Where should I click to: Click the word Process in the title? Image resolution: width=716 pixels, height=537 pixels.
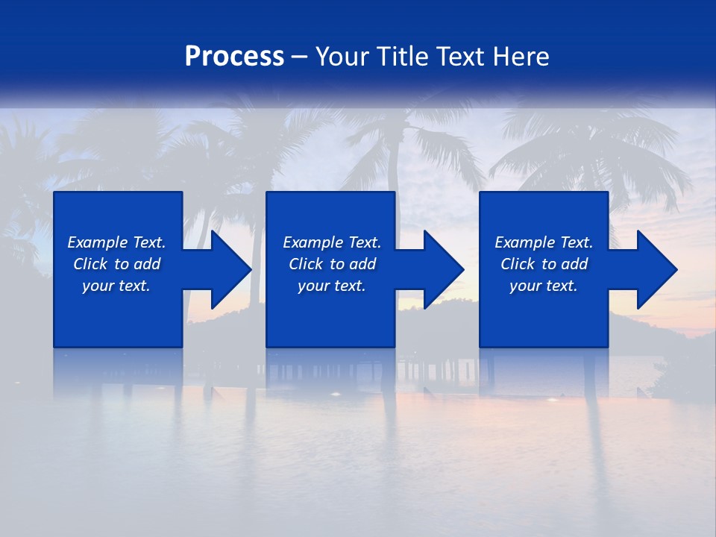point(234,57)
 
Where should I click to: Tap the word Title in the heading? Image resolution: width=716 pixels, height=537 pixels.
point(401,57)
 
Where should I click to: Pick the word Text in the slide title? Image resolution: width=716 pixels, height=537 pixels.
point(459,57)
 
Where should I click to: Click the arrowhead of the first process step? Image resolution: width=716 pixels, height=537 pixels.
point(228,269)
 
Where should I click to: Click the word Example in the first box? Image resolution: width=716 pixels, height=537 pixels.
point(98,242)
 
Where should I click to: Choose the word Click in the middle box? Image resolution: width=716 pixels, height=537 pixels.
point(306,264)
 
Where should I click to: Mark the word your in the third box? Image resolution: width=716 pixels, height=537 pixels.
point(526,286)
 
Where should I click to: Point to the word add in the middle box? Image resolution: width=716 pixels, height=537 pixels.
point(362,264)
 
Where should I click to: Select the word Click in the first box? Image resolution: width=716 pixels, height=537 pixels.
point(90,264)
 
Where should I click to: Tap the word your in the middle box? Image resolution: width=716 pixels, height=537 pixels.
point(313,286)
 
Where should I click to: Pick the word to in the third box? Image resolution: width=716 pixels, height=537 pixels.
point(549,264)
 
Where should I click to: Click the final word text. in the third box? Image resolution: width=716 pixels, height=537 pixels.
point(562,286)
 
